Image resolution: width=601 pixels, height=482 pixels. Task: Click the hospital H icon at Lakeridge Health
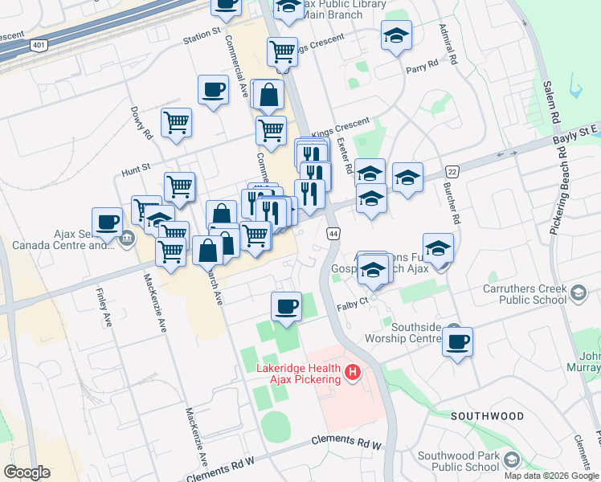click(x=352, y=372)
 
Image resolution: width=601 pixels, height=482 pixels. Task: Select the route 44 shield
click(x=332, y=233)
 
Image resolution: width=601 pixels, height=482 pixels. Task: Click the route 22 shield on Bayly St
click(x=452, y=171)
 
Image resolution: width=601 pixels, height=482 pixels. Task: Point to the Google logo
click(x=27, y=472)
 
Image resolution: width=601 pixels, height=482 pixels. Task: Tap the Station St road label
click(x=201, y=35)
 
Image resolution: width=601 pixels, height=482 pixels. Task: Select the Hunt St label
click(x=136, y=168)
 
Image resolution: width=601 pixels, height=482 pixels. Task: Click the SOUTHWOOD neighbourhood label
click(x=487, y=416)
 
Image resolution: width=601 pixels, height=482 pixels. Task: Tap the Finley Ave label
click(x=104, y=308)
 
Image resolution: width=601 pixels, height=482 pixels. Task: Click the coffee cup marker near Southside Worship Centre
click(x=458, y=341)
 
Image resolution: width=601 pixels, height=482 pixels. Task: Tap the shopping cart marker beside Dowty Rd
click(x=176, y=123)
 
